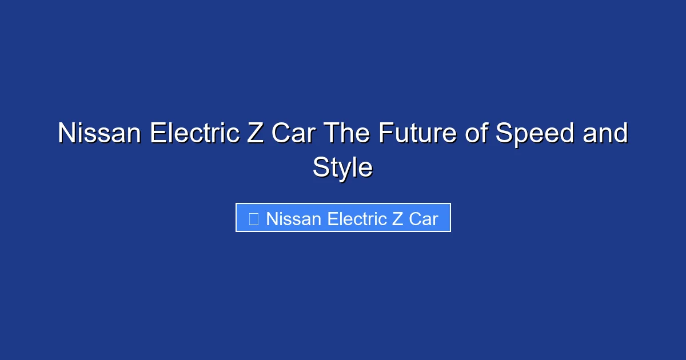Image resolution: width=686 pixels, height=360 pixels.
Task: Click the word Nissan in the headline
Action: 99,134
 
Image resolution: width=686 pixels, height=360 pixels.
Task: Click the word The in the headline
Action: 345,134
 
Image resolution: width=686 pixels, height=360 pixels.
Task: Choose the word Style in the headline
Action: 342,169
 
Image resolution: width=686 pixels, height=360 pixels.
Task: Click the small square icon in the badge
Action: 254,219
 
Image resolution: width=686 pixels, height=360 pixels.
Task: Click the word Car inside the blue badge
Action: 424,219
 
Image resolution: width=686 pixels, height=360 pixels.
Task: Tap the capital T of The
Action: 332,134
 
